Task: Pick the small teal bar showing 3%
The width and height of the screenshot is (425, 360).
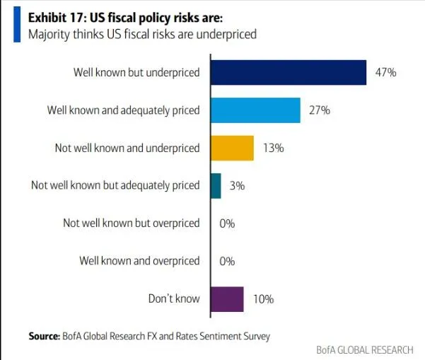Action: pyautogui.click(x=216, y=186)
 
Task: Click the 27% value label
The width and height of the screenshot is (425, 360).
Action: pyautogui.click(x=320, y=110)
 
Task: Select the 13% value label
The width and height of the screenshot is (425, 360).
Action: pyautogui.click(x=274, y=148)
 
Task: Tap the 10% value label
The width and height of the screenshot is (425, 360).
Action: pyautogui.click(x=263, y=299)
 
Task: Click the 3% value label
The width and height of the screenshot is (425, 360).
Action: pyautogui.click(x=238, y=186)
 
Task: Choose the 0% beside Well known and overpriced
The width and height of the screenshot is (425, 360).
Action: pyautogui.click(x=227, y=261)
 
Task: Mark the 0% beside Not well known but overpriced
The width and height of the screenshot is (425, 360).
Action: pyautogui.click(x=227, y=223)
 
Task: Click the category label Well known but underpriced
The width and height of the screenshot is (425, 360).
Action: pyautogui.click(x=136, y=72)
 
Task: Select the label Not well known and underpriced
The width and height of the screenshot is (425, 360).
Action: pyautogui.click(x=127, y=148)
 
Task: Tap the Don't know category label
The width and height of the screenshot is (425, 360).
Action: pyautogui.click(x=174, y=299)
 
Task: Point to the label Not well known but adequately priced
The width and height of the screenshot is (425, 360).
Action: pyautogui.click(x=115, y=186)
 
